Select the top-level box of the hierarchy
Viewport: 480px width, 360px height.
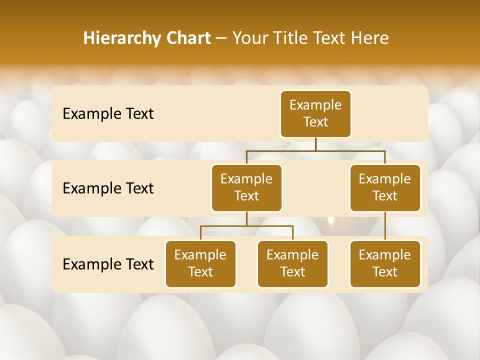tap(315, 114)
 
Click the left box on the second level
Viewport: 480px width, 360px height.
tap(246, 188)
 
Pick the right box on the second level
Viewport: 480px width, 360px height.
tap(385, 188)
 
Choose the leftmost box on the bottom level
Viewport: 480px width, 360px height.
tap(200, 264)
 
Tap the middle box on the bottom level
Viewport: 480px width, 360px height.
tap(292, 264)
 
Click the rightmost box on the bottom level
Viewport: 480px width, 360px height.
tap(385, 264)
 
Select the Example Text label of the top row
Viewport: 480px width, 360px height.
tap(108, 114)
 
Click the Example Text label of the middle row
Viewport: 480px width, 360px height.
tap(108, 188)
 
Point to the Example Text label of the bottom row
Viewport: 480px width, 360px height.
tap(108, 264)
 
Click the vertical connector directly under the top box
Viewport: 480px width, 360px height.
tap(315, 144)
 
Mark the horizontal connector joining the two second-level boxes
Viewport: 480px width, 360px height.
tap(280, 150)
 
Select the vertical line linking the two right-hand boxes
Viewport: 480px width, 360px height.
tap(385, 226)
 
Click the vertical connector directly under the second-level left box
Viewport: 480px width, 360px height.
tap(246, 218)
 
